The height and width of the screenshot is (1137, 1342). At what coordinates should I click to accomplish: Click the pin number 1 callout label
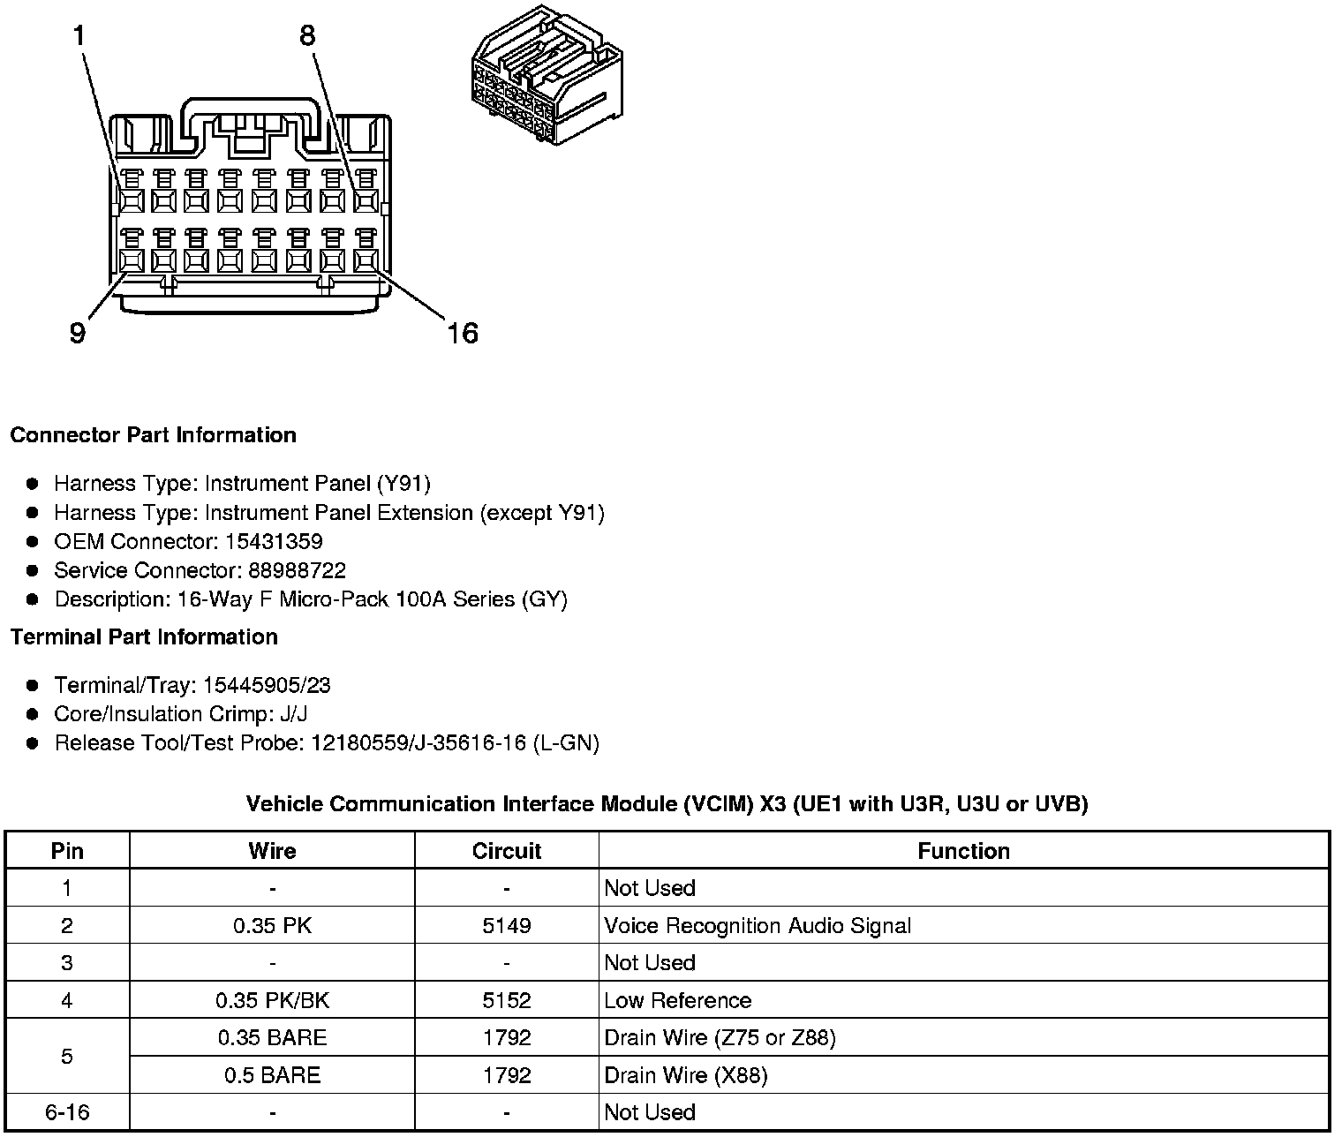point(79,36)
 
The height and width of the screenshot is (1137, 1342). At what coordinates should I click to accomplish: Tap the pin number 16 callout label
point(462,333)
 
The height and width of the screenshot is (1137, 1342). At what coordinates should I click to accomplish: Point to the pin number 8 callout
point(306,36)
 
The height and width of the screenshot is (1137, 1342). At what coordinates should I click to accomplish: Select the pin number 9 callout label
point(78,333)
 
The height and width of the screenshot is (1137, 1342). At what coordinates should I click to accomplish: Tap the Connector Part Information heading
point(153,435)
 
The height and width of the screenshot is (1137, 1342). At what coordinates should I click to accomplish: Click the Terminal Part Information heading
point(144,637)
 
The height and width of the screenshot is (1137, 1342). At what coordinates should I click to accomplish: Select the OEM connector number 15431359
point(274,541)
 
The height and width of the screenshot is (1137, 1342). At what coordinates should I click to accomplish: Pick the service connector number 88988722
point(297,570)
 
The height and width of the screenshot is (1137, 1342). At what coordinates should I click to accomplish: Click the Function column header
point(963,851)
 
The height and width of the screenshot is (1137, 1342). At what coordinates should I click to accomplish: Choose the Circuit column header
point(506,851)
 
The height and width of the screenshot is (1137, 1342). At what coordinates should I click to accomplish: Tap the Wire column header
point(272,851)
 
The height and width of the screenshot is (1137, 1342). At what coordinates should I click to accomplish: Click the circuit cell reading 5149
point(507,926)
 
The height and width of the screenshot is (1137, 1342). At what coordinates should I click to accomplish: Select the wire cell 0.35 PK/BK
point(272,1000)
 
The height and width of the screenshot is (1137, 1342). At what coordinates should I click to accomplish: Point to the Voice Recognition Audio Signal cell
point(758,926)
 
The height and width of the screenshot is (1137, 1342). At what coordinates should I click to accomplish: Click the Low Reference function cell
point(677,1000)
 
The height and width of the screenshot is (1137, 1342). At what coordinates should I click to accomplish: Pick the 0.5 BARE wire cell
point(272,1075)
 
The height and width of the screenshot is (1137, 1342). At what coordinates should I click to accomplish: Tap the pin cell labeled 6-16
point(67,1112)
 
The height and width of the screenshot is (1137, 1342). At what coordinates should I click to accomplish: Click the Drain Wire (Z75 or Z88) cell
point(720,1037)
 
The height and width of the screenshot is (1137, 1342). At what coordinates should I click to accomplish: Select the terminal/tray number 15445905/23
point(267,685)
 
